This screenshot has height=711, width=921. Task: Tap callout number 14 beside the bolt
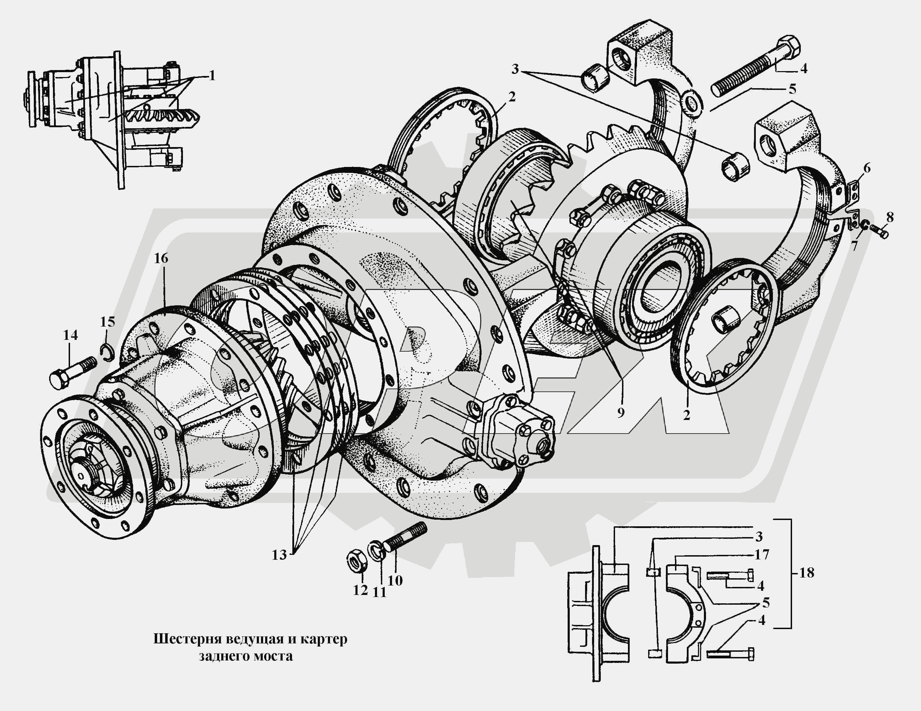tap(70, 335)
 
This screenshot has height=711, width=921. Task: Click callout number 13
tap(279, 555)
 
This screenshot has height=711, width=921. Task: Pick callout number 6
tap(867, 168)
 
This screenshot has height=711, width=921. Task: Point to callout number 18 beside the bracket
tap(806, 573)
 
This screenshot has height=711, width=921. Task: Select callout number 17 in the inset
tap(762, 554)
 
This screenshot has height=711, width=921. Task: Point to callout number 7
tap(854, 245)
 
